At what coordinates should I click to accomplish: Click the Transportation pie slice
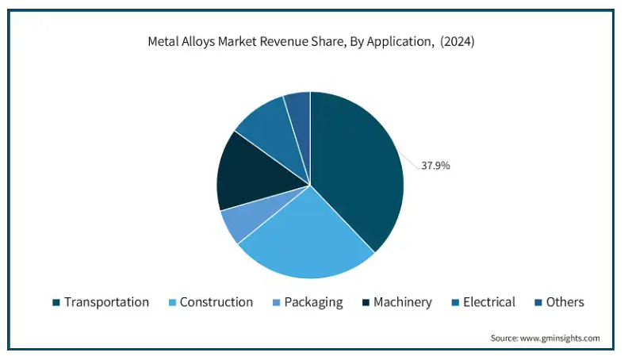[357, 167]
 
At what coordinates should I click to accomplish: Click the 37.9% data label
[435, 166]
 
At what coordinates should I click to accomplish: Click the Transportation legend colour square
[56, 303]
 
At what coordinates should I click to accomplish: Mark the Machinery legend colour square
[365, 303]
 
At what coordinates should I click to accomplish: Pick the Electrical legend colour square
[455, 303]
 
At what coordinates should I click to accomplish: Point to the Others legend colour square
[538, 303]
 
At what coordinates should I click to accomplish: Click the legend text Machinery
[403, 302]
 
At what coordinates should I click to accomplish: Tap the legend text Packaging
[313, 302]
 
